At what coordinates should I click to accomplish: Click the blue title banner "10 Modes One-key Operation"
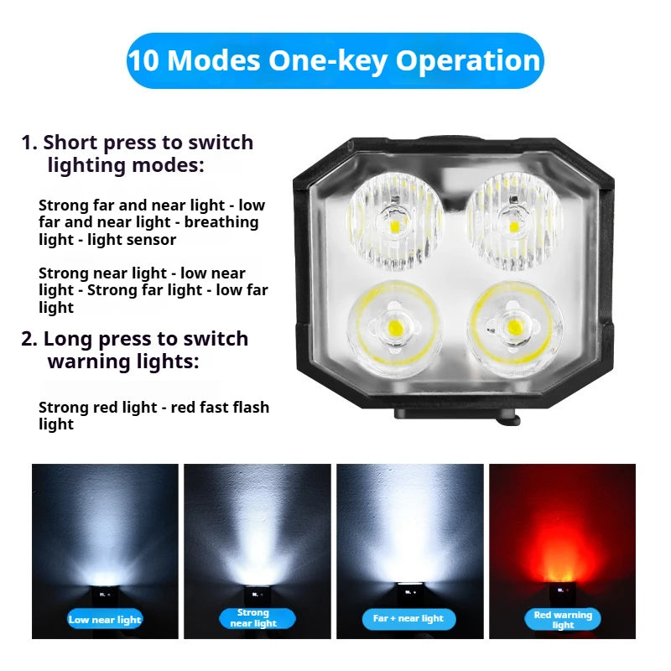click(335, 61)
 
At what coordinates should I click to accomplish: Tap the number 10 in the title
click(145, 61)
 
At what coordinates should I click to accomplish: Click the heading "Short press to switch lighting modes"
click(138, 153)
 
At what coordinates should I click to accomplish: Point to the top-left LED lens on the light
click(395, 222)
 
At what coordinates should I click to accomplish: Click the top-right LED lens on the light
click(512, 222)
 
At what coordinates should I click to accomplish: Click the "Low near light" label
click(106, 620)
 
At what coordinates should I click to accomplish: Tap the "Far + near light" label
click(408, 619)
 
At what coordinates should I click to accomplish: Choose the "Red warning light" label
click(562, 620)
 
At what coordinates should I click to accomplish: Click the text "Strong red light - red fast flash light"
click(153, 415)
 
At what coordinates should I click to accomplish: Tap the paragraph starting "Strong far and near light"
click(152, 222)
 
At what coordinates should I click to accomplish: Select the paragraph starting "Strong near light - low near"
click(153, 290)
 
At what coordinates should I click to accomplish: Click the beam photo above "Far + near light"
click(409, 528)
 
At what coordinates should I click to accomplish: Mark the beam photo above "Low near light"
click(106, 528)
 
